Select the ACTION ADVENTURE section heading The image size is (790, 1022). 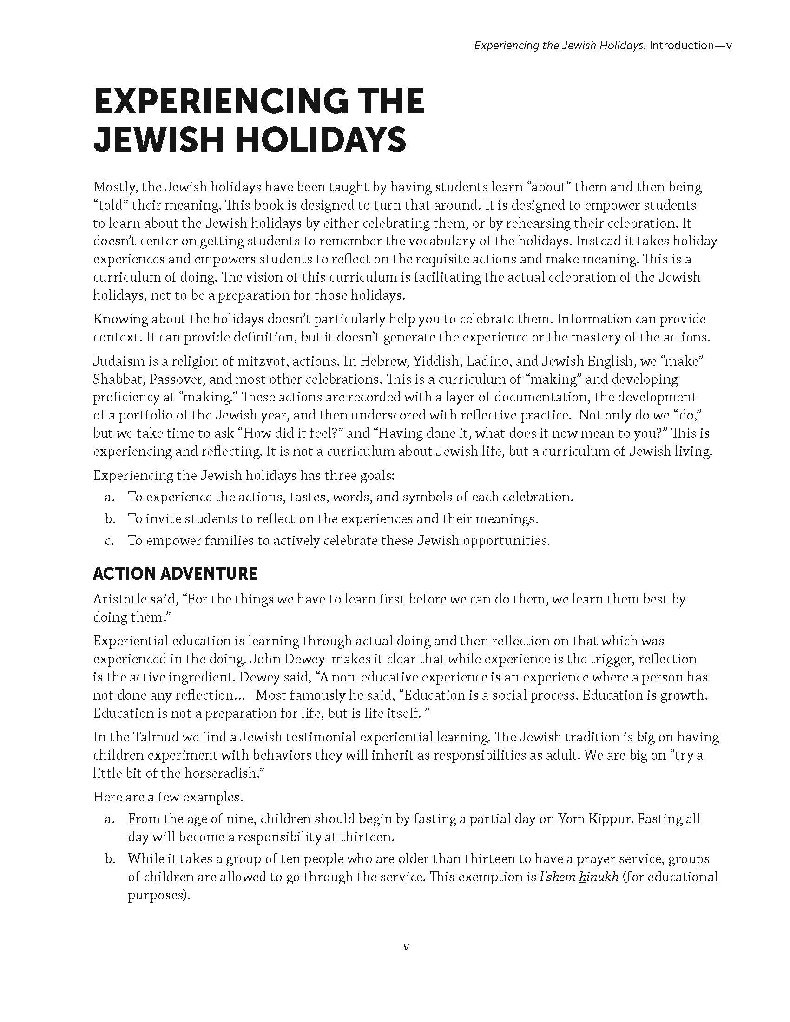pyautogui.click(x=175, y=574)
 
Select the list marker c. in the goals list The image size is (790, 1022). pyautogui.click(x=110, y=540)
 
